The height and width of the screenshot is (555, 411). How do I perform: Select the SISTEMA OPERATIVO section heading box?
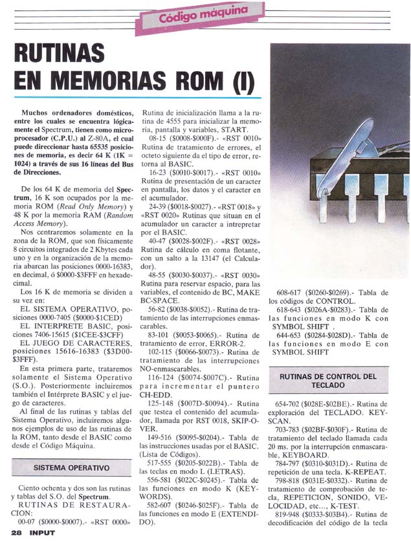pos(72,467)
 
